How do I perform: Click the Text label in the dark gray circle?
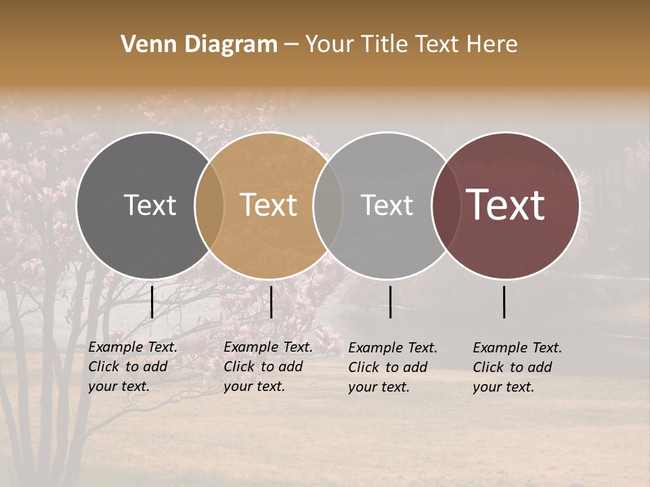click(x=150, y=205)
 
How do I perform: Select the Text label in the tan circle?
click(x=269, y=205)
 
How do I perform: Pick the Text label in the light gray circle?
click(x=387, y=205)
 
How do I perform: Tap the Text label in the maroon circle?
click(x=506, y=204)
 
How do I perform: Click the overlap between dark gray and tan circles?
click(x=209, y=205)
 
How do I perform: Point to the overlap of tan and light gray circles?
click(x=328, y=205)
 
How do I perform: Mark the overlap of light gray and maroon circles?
click(x=446, y=205)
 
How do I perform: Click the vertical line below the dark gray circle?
click(x=152, y=302)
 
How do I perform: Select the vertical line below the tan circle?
click(x=271, y=302)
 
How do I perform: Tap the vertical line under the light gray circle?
click(x=390, y=302)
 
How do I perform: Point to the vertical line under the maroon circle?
click(x=504, y=302)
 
